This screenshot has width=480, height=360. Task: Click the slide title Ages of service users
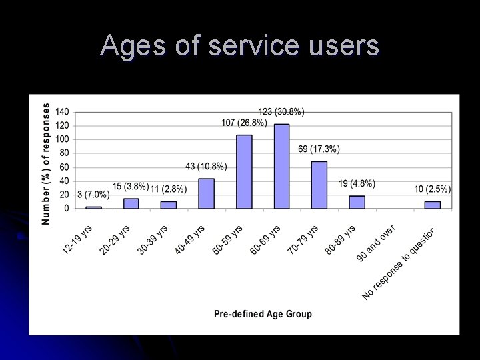240,45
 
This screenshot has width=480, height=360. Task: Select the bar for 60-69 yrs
282,166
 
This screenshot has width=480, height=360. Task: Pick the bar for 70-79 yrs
319,185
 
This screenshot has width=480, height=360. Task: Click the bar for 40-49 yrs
207,193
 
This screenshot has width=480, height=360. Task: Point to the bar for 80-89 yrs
357,202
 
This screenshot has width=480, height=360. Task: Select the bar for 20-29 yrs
131,203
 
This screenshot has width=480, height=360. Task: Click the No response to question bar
433,205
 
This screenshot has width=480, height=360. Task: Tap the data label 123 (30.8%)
282,112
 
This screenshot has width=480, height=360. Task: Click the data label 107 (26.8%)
244,123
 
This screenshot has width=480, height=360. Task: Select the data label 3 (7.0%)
93,195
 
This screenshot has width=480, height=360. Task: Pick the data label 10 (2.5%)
432,189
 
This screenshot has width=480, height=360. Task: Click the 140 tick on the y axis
62,111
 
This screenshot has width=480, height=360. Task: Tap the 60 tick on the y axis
64,167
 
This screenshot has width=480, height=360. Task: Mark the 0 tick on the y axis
66,208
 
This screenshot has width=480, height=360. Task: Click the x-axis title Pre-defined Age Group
262,313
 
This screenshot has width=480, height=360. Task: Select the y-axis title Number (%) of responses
45,163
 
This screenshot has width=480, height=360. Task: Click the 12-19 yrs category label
77,239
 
